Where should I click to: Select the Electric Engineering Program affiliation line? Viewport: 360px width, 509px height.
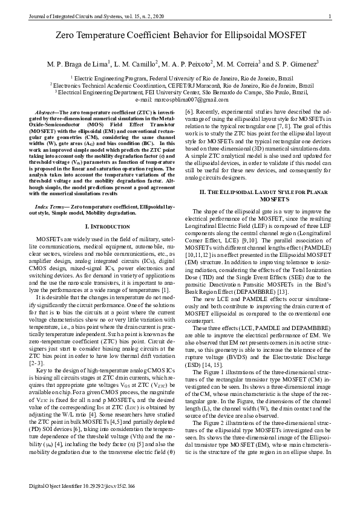coord(179,78)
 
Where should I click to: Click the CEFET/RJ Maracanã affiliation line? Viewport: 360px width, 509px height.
coord(179,85)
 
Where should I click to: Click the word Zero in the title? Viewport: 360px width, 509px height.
coord(63,36)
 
